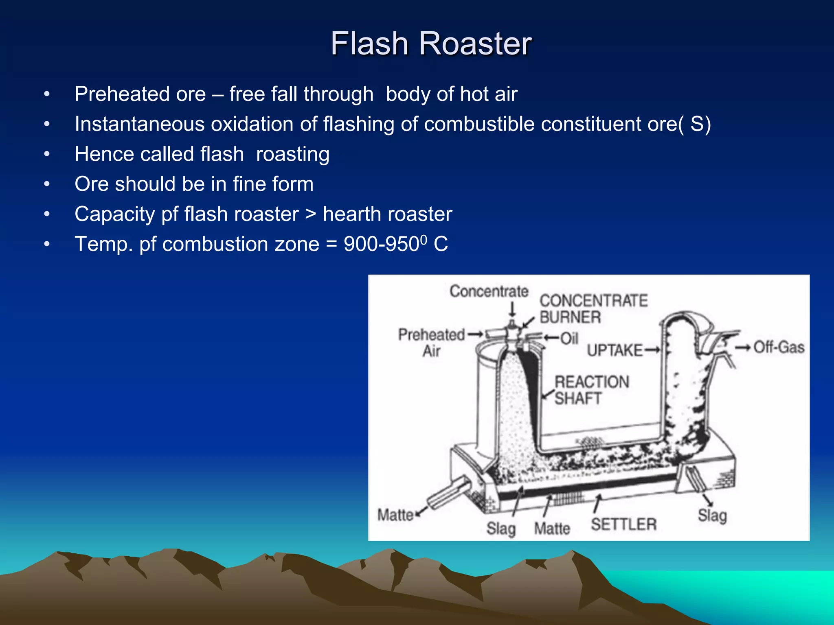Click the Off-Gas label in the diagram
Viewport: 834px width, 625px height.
click(779, 347)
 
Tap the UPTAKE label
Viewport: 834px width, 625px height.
click(614, 350)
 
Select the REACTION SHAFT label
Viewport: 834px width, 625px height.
click(591, 390)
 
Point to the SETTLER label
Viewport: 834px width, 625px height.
click(623, 524)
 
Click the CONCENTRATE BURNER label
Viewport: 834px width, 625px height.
click(593, 308)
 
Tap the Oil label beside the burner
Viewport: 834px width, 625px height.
click(569, 338)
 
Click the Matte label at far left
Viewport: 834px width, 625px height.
click(395, 515)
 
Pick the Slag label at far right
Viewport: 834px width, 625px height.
click(712, 515)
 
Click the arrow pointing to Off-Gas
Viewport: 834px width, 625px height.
click(743, 347)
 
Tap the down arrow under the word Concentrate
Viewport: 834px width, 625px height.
click(513, 309)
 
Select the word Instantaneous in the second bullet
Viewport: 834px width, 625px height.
click(139, 124)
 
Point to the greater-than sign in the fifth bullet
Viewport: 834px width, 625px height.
click(311, 214)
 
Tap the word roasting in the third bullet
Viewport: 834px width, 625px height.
click(292, 154)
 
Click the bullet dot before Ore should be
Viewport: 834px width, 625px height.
click(47, 184)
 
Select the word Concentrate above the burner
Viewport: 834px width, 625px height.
click(489, 291)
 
